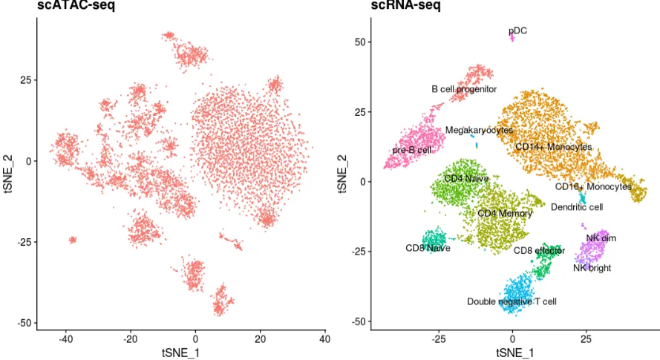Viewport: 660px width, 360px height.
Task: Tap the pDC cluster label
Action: [517, 31]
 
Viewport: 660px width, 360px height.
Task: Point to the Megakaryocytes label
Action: [479, 130]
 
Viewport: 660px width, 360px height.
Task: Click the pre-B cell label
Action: [412, 150]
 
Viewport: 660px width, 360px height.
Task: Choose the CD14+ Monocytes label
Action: [554, 147]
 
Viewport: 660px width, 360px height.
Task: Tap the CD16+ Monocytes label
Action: [593, 186]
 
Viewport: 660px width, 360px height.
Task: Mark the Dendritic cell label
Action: [577, 207]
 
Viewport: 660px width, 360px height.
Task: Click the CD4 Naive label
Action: [466, 179]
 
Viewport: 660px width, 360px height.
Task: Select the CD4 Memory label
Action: [505, 214]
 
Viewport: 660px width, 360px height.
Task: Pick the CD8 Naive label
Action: [428, 248]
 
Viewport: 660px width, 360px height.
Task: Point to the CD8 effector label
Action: [540, 250]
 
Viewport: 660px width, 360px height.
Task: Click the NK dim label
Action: [601, 238]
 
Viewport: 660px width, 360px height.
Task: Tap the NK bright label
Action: [592, 268]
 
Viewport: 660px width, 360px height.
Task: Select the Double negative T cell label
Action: [512, 301]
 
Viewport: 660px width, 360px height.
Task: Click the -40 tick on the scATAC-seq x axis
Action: [66, 339]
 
